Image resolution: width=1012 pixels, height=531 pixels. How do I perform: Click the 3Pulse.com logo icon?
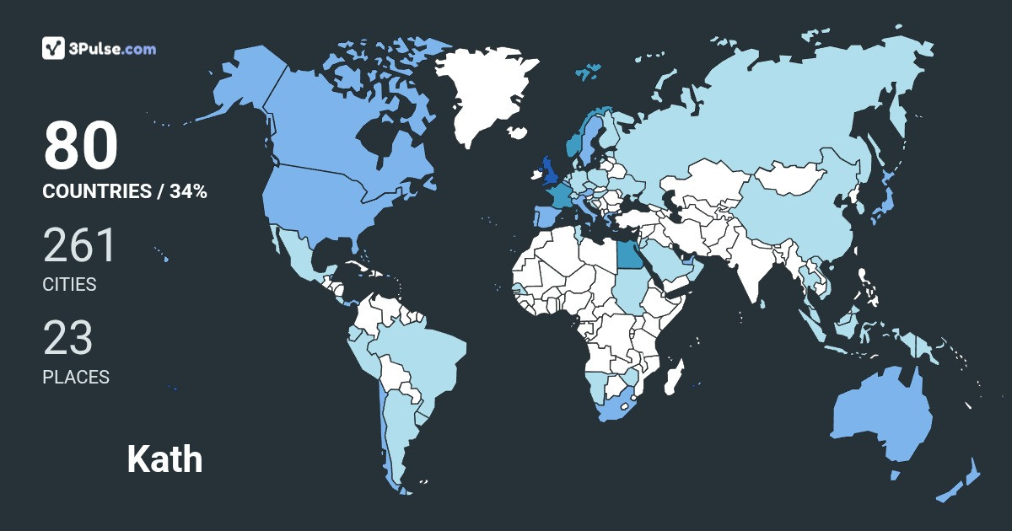pos(54,48)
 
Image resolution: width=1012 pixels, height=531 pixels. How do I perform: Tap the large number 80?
pos(81,146)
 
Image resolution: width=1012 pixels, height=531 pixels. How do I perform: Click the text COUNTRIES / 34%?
pos(125,191)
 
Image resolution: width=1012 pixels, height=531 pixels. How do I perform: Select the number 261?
pos(79,245)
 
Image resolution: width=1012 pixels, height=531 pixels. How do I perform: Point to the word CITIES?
pos(69,285)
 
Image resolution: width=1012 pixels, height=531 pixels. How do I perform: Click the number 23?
pos(68,338)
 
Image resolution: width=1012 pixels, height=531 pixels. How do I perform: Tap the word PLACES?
pos(76,378)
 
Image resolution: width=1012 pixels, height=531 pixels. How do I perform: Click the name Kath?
pos(164,459)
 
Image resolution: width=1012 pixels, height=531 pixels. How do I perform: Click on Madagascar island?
pos(673,377)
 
